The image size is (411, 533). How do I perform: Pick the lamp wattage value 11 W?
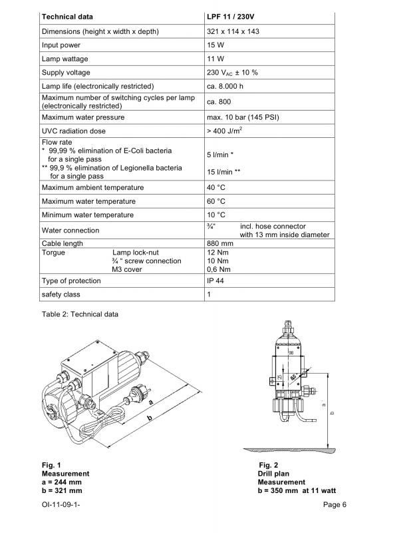(x=215, y=59)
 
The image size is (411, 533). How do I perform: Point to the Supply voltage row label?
(x=66, y=73)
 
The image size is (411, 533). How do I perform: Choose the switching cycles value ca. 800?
(x=221, y=102)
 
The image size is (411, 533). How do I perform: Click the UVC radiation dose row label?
(x=74, y=131)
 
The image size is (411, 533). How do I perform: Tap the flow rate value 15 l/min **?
(x=224, y=171)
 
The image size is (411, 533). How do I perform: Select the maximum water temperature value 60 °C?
(x=217, y=201)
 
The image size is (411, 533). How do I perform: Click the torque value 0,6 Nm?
(x=219, y=269)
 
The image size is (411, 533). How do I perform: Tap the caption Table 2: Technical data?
(x=80, y=314)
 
